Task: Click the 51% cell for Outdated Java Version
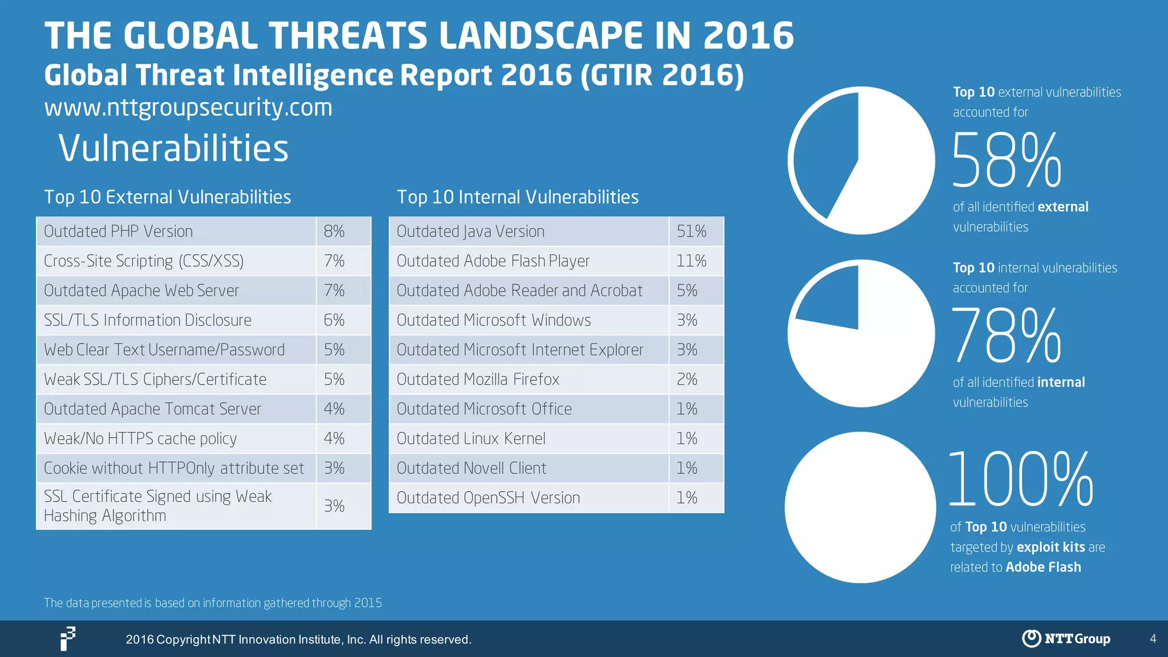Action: tap(691, 232)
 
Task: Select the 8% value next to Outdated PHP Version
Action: tap(334, 232)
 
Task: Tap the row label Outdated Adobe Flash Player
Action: tap(493, 261)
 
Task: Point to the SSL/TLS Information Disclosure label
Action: tap(148, 321)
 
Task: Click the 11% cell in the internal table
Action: tap(691, 261)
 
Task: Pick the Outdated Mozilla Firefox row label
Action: tap(478, 379)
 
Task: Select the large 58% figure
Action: tap(1007, 161)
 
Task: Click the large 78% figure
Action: tap(1007, 335)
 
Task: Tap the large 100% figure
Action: tap(1021, 479)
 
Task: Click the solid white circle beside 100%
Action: tap(860, 508)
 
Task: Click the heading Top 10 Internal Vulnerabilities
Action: tap(517, 197)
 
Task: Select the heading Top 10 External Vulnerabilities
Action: tap(168, 197)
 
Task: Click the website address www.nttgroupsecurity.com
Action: tap(188, 107)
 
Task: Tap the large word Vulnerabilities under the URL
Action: tap(173, 148)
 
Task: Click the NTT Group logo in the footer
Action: tap(1066, 638)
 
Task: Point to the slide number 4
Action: tap(1153, 639)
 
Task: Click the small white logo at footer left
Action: tap(68, 638)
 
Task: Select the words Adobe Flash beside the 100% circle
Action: tap(1043, 567)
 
